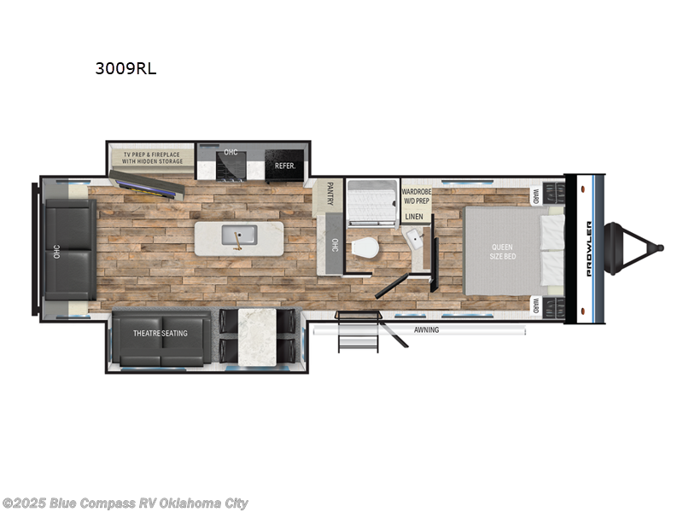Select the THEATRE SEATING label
point(160,333)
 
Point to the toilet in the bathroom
point(365,248)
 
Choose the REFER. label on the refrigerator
point(283,166)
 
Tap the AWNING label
point(426,330)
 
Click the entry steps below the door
point(351,333)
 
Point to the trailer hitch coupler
point(652,247)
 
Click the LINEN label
point(414,217)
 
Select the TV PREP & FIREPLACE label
point(154,156)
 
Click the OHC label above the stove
point(230,153)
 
